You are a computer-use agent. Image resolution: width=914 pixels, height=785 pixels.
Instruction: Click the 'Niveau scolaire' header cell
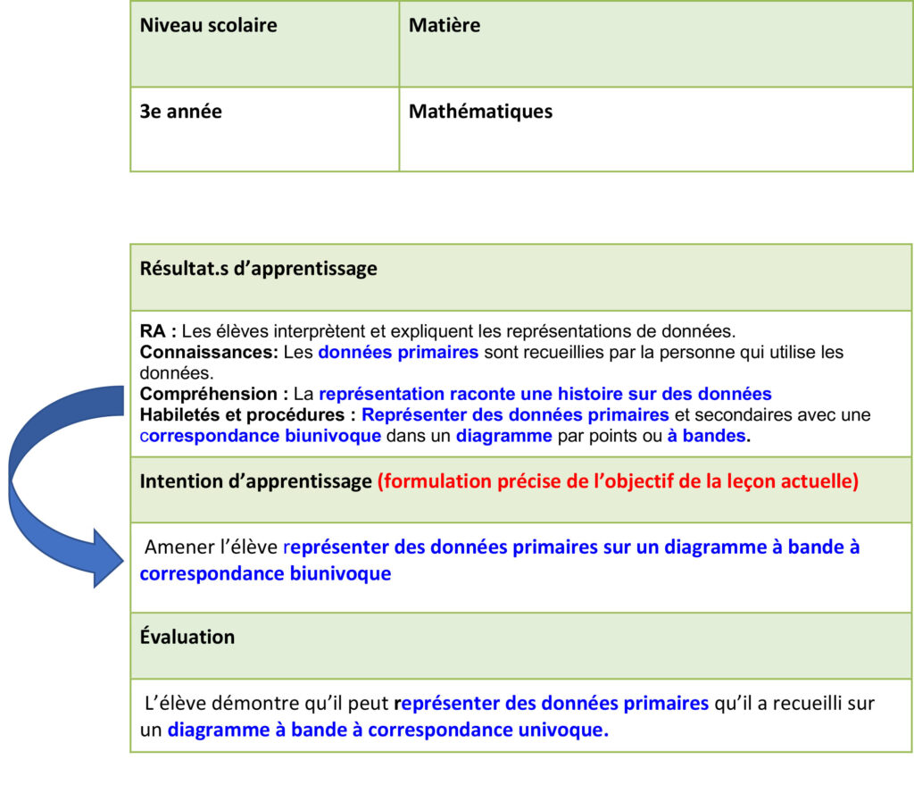(208, 25)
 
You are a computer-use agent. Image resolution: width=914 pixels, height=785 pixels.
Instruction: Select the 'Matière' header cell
(444, 25)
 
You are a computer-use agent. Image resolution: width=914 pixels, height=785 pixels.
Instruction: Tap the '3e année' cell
(180, 112)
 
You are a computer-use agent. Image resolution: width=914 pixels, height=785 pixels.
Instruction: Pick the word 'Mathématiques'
(480, 112)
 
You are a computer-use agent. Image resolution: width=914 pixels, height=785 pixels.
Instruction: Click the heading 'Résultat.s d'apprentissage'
(258, 268)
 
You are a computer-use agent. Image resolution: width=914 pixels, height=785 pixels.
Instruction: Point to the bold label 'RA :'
(158, 331)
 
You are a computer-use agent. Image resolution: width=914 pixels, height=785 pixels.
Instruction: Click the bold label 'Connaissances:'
(209, 352)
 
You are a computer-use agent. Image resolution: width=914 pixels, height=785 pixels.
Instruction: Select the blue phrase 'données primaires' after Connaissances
(398, 352)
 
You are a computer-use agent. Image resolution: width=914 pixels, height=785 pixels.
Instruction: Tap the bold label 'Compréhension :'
(214, 394)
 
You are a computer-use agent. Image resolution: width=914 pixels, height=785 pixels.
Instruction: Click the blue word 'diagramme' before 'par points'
(504, 436)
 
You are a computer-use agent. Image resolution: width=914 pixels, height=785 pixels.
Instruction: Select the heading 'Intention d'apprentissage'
(255, 481)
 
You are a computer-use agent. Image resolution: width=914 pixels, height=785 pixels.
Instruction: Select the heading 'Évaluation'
(187, 637)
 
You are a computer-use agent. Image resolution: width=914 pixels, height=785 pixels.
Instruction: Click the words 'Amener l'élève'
(211, 547)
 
